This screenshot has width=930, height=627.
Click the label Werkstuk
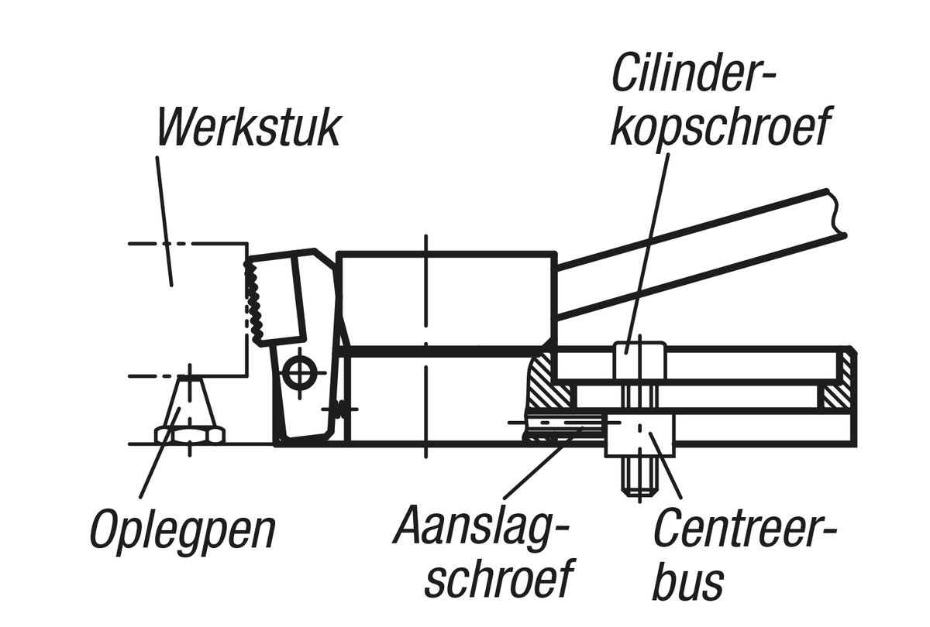[249, 128]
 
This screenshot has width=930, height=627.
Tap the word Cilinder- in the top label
[694, 73]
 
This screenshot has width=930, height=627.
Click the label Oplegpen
[182, 530]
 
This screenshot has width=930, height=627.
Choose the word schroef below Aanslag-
[500, 577]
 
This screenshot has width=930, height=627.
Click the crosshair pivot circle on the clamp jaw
[298, 372]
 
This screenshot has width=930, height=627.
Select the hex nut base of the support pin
[190, 434]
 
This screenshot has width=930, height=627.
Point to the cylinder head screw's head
[639, 360]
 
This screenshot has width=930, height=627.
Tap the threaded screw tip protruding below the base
[639, 478]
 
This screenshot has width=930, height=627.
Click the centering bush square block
[640, 434]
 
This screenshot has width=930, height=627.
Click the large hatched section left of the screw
[548, 384]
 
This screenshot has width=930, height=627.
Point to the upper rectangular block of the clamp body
[447, 298]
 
